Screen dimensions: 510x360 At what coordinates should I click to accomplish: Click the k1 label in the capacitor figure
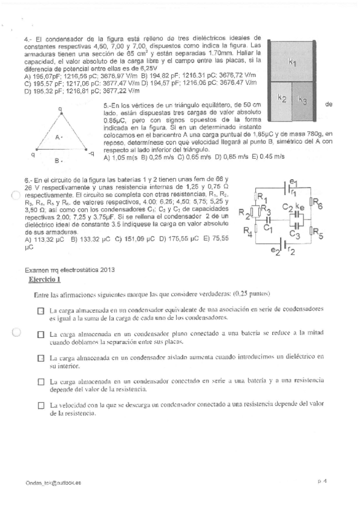pos(292,62)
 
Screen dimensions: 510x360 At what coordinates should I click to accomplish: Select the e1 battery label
pos(293,181)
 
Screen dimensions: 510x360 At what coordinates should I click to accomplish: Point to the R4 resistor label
pos(248,230)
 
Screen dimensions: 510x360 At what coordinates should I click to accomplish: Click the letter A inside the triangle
pos(58,138)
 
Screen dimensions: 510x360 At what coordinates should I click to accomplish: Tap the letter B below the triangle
pos(57,161)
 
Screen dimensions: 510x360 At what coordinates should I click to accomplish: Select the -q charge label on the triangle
pos(91,154)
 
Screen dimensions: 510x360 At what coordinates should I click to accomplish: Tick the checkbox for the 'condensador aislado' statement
pos(40,358)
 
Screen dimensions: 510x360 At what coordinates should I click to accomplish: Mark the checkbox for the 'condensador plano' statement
pos(40,334)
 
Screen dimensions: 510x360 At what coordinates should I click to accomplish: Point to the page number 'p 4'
pos(322,482)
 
